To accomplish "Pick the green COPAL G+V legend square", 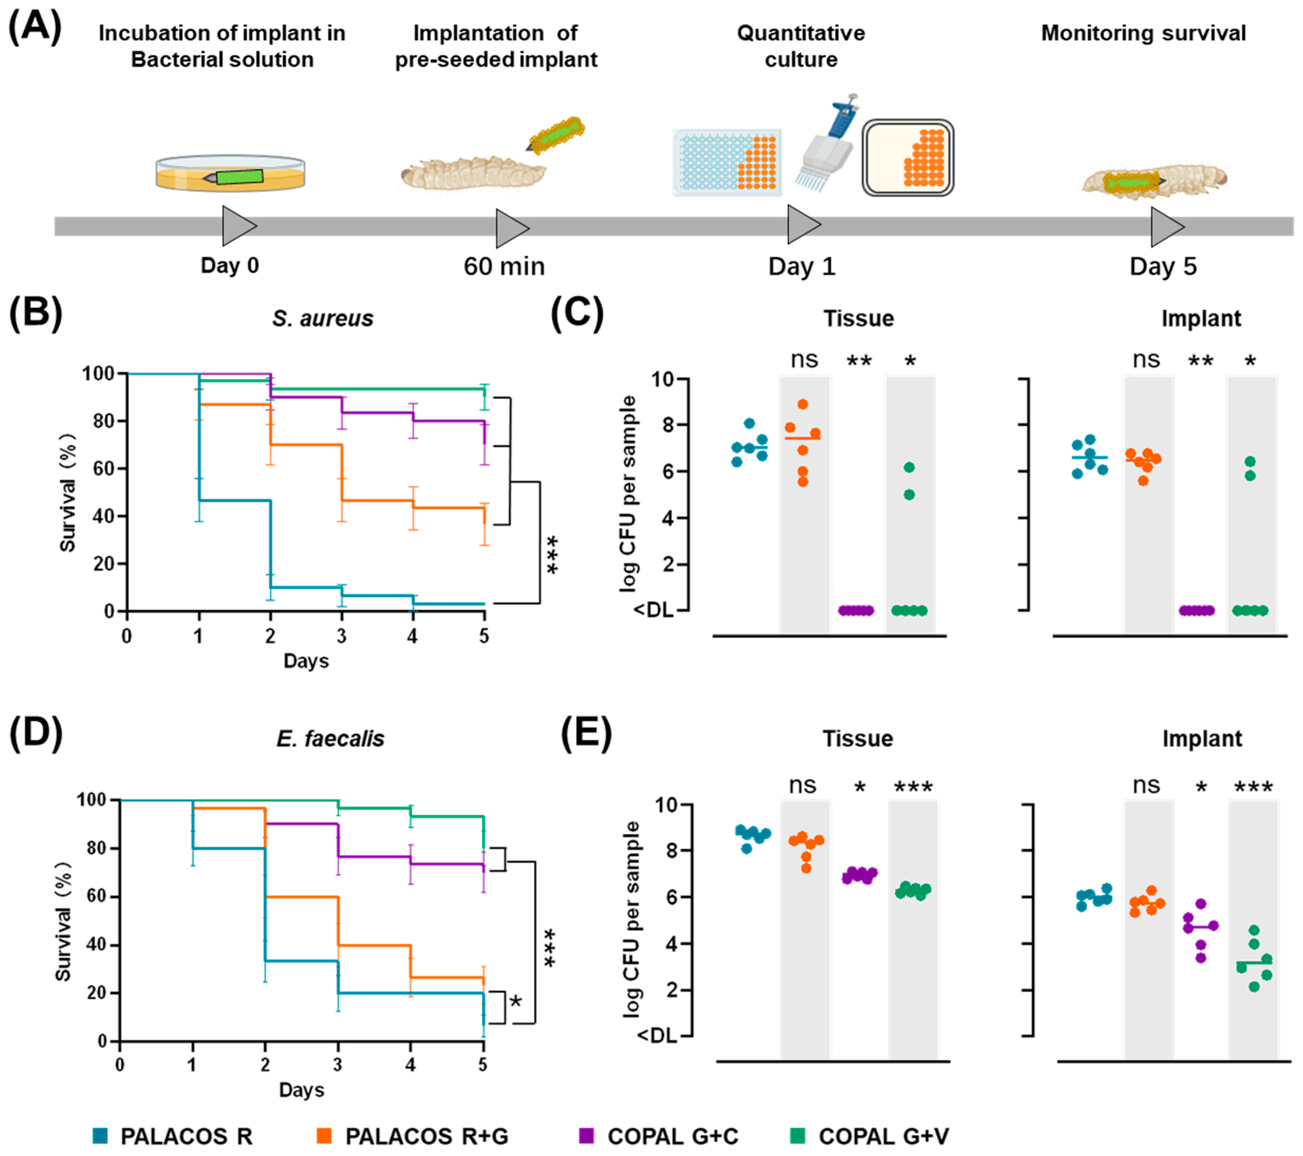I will pos(797,1135).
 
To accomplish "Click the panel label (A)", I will pos(35,29).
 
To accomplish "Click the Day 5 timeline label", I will pos(1163,266).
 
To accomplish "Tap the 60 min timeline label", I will pos(504,266).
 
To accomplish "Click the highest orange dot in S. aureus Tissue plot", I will pos(803,404).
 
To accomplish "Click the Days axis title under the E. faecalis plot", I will pos(301,1090).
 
